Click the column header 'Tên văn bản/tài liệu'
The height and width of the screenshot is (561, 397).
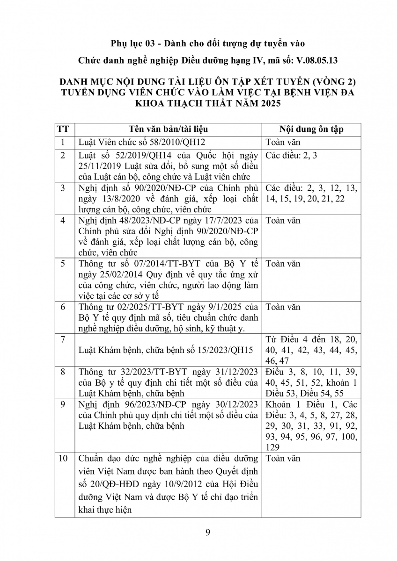(x=169, y=129)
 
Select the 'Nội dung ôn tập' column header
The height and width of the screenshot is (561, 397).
(x=311, y=129)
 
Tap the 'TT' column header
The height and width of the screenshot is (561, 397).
(x=64, y=129)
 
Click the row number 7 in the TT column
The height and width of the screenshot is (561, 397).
(x=64, y=338)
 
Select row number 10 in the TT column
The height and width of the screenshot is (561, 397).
(x=64, y=459)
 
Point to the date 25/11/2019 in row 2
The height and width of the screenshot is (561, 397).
(x=99, y=166)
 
